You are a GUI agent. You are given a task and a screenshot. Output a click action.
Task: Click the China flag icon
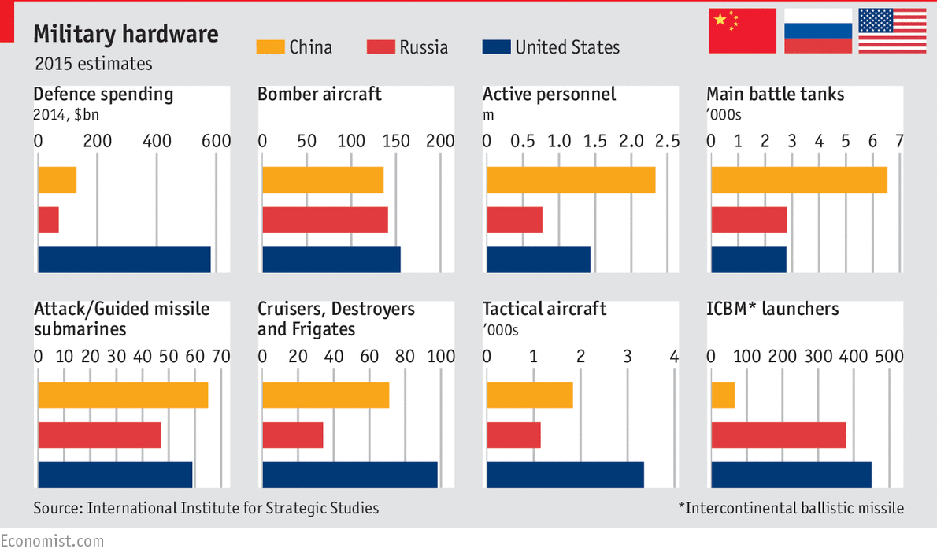[x=742, y=31]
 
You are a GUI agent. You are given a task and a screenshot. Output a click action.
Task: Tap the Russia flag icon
[x=817, y=31]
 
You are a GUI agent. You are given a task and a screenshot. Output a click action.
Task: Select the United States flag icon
[x=892, y=31]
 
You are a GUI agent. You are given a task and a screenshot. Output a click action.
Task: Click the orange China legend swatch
[x=269, y=47]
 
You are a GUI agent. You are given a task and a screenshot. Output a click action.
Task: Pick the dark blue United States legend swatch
[x=495, y=47]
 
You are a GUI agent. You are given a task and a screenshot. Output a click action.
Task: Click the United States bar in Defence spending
[x=124, y=260]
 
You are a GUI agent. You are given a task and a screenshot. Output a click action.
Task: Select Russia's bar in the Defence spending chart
[x=48, y=220]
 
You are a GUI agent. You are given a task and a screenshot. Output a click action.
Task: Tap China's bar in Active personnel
[x=571, y=180]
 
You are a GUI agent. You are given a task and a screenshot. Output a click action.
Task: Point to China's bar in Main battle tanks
[x=798, y=180]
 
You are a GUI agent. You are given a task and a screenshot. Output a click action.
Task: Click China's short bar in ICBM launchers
[x=723, y=395]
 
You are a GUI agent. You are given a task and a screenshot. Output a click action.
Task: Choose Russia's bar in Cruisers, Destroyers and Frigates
[x=292, y=435]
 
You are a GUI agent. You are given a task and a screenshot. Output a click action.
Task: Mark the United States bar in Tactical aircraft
[x=565, y=475]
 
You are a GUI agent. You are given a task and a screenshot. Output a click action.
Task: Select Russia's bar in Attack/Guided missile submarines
[x=99, y=435]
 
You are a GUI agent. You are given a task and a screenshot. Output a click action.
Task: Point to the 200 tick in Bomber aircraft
[x=440, y=142]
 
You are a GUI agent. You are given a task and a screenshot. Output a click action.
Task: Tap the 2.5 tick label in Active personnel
[x=667, y=142]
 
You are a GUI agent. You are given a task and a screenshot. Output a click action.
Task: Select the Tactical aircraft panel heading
[x=544, y=309]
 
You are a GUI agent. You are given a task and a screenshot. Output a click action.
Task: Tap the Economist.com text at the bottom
[x=52, y=541]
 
